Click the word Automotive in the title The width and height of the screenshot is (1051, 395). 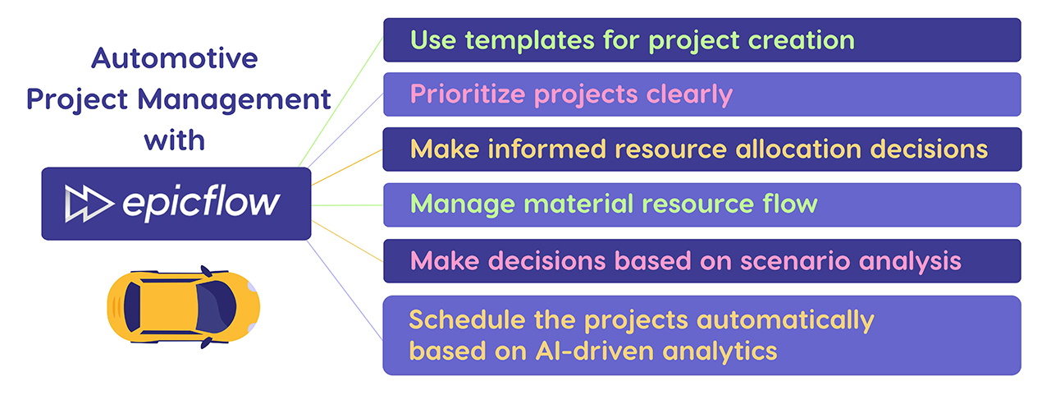coord(175,58)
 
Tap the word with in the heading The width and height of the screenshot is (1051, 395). coord(175,140)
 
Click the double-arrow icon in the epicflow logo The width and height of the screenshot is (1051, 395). coord(89,204)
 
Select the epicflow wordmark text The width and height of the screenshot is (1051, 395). coord(201,204)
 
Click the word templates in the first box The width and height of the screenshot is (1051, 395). coord(530,40)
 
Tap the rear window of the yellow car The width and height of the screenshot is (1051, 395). coord(132,307)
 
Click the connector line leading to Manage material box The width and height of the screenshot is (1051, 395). coord(347,205)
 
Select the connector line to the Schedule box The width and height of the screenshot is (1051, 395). coord(345,290)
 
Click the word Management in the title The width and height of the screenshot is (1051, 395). coord(234,100)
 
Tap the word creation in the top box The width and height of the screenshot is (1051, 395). coord(802,40)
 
